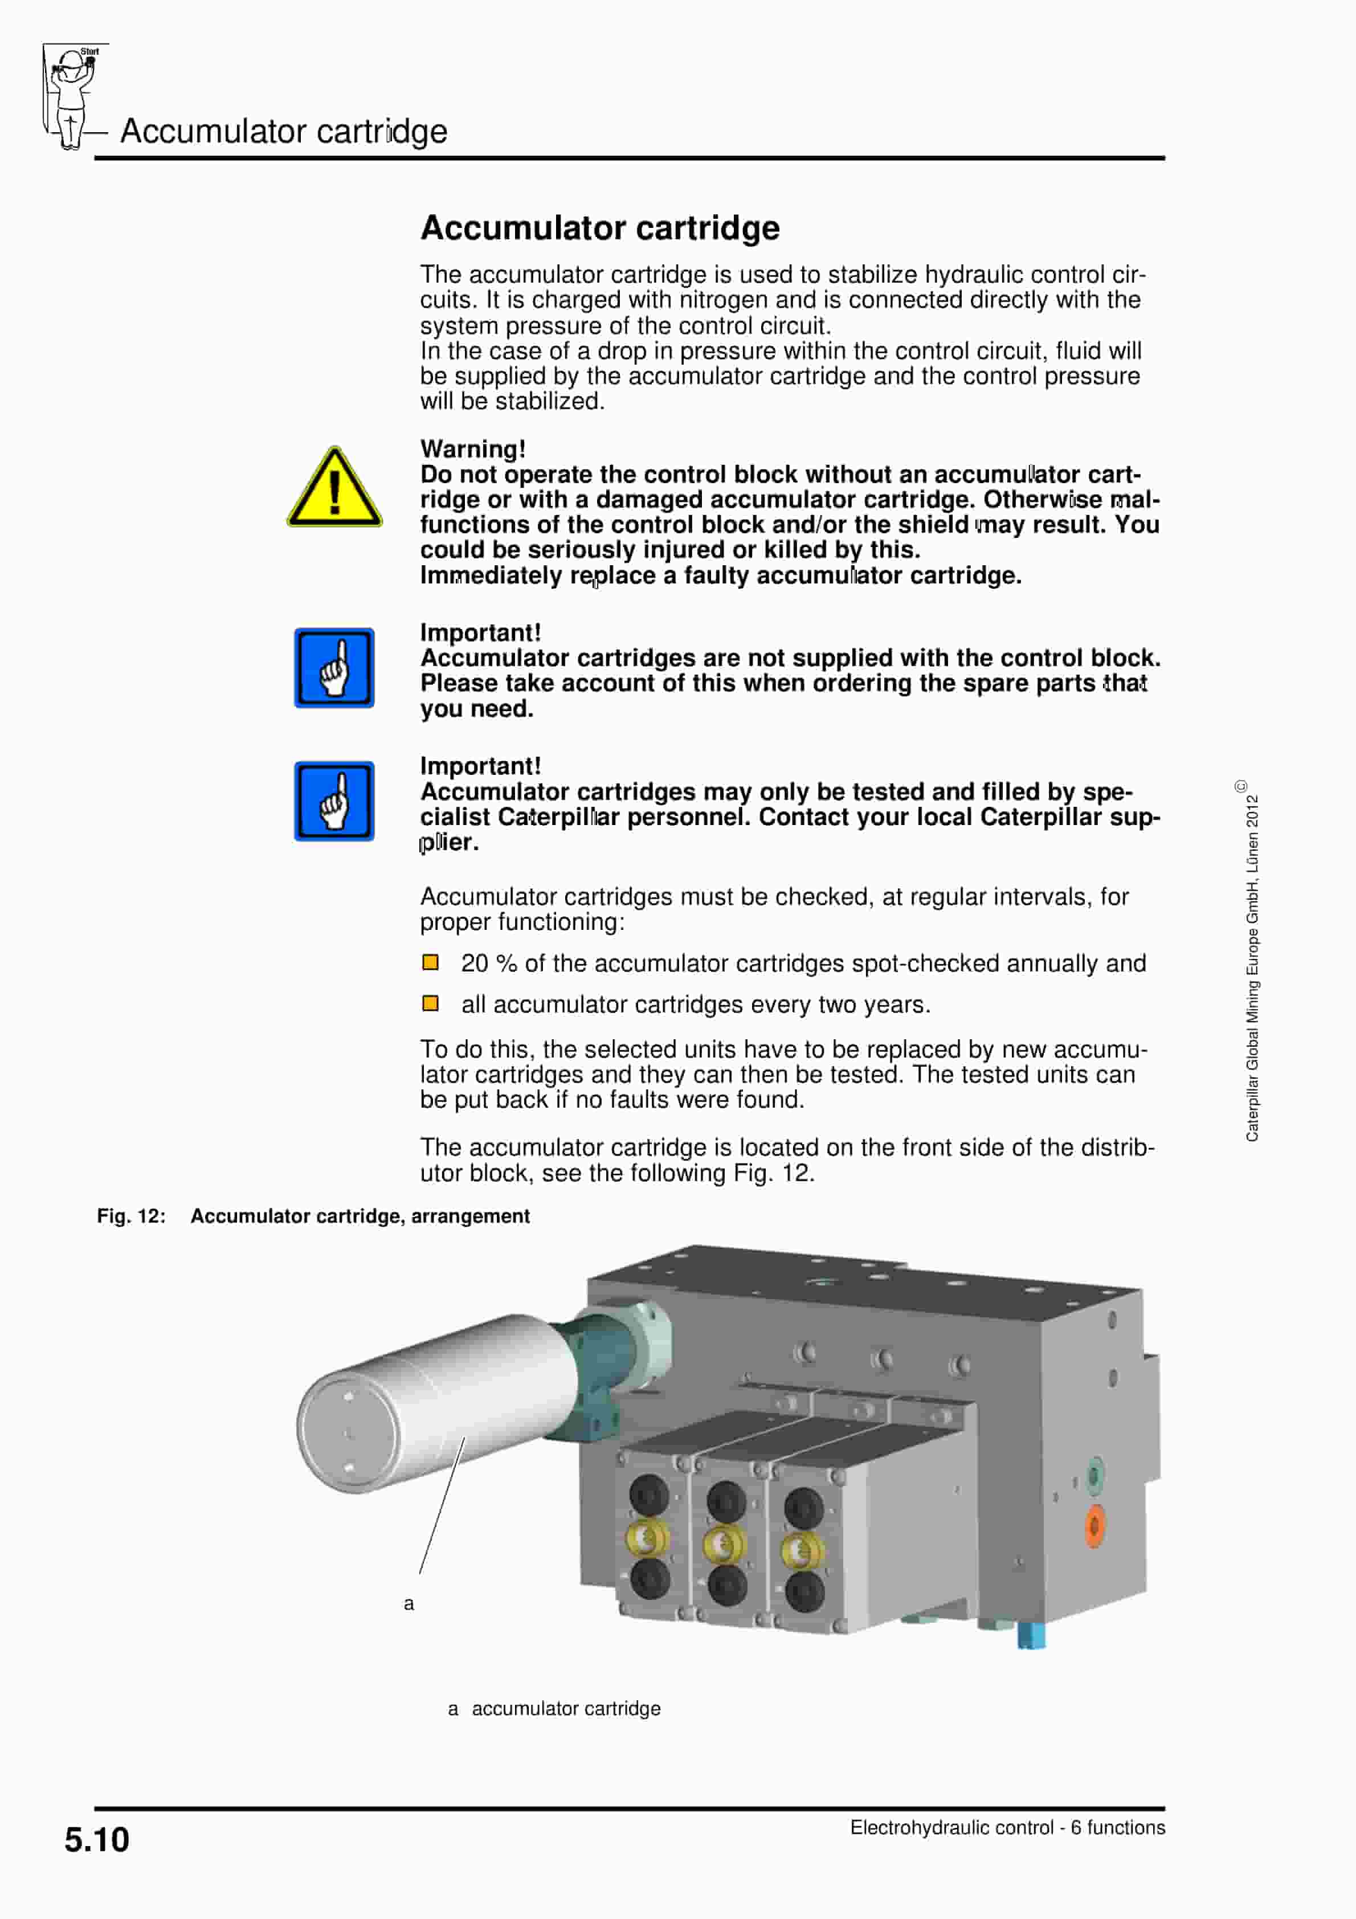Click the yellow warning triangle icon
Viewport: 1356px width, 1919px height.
coord(334,489)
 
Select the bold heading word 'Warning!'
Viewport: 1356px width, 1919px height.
coord(472,449)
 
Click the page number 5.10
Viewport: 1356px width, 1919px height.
coord(97,1840)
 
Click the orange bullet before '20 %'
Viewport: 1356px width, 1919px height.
coord(431,962)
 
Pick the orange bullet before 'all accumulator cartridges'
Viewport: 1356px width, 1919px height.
coord(431,1003)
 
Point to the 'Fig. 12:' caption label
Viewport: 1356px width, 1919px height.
coord(131,1216)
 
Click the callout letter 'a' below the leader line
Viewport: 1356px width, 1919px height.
coord(409,1603)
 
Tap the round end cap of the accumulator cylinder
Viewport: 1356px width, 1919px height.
coord(347,1432)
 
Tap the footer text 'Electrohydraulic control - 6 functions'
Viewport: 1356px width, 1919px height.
coord(1007,1828)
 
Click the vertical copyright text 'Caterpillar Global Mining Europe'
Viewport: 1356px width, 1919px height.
coord(1252,970)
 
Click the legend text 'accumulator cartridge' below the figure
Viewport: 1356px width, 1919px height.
coord(566,1708)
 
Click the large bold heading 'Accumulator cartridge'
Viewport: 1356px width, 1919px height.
coord(599,227)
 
